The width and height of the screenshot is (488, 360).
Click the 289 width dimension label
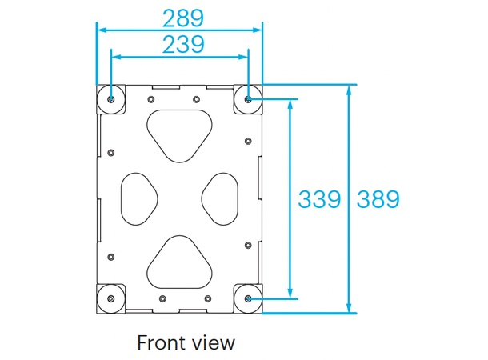pos(182,17)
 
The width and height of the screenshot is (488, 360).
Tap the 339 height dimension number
pos(320,199)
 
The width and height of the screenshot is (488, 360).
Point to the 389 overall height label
pos(378,199)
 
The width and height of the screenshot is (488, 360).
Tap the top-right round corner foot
pos(247,99)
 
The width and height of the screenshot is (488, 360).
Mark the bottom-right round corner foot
pos(247,298)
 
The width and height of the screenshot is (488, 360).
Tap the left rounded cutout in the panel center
pos(138,197)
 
